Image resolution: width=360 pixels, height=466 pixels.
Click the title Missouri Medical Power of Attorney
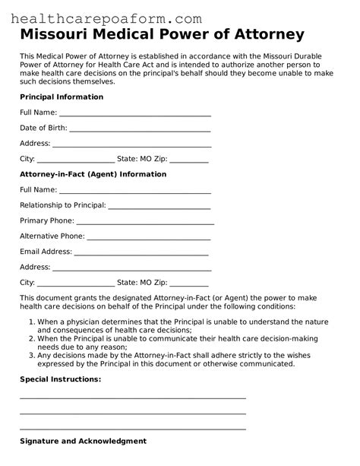[163, 35]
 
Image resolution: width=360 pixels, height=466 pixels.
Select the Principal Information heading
[62, 97]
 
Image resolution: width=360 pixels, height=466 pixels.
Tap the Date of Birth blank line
[140, 129]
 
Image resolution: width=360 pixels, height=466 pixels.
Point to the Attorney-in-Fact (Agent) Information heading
[93, 174]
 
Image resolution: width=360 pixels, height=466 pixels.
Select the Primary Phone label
[46, 220]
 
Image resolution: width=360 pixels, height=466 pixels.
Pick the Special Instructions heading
[60, 379]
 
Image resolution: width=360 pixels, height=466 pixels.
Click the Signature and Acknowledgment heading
[83, 441]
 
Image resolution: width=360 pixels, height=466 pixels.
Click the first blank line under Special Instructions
[133, 397]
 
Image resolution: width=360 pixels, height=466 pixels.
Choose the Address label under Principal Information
[35, 144]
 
